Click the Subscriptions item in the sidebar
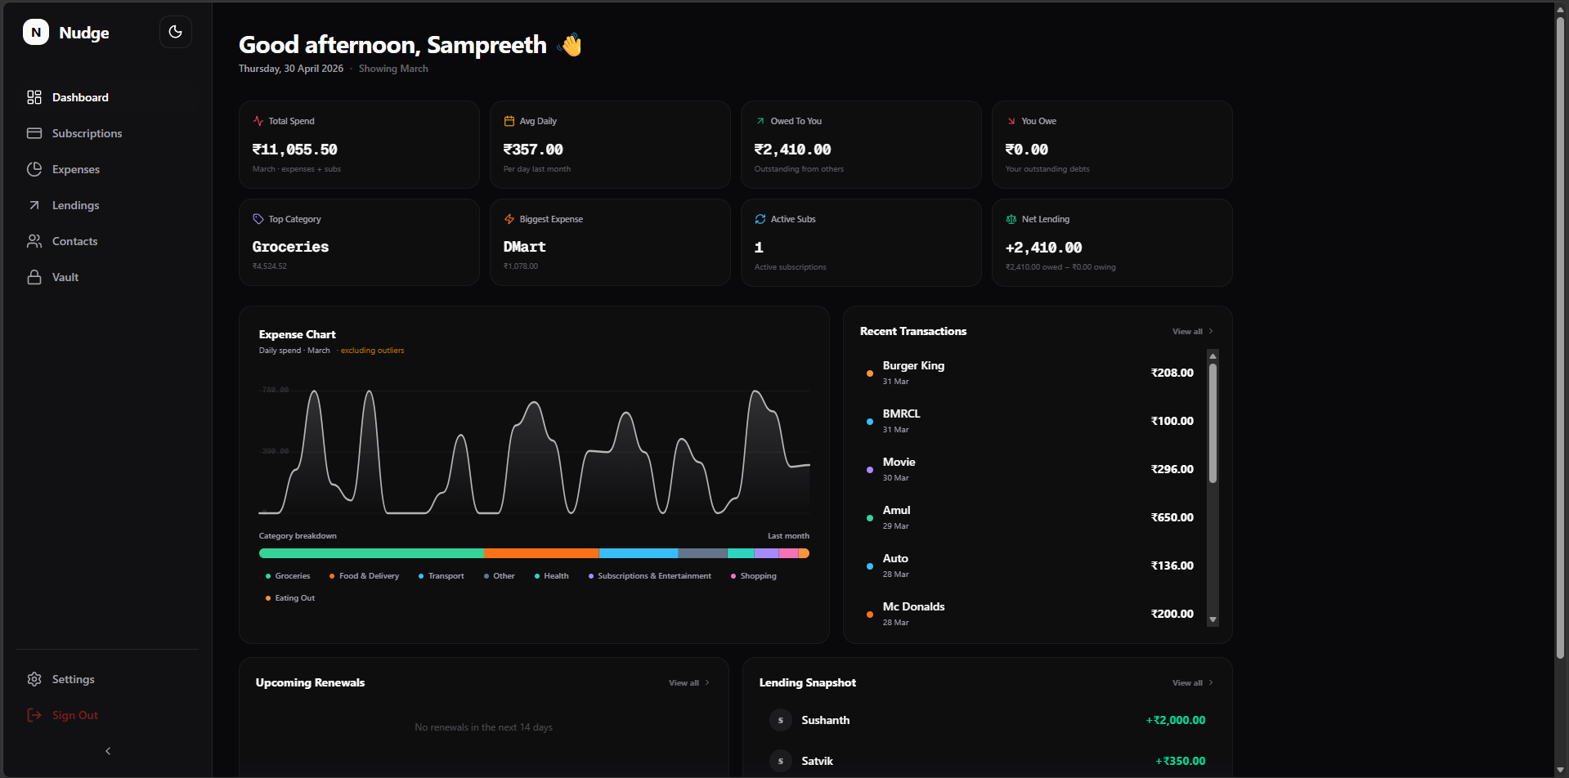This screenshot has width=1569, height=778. coord(87,133)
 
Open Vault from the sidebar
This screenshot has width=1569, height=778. coord(65,277)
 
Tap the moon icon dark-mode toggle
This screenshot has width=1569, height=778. coord(175,32)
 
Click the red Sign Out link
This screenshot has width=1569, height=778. coord(74,715)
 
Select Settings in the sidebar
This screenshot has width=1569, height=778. coord(73,679)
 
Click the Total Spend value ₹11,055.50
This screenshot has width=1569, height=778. coord(294,150)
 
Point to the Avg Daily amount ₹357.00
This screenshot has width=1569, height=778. coord(533,150)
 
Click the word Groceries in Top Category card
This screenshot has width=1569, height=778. coord(290,247)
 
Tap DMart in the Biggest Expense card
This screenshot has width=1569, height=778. coord(524,247)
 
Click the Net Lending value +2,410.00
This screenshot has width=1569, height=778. coord(1043,248)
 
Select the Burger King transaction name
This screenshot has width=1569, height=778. coord(913,365)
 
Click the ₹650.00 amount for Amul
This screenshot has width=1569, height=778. coord(1172,517)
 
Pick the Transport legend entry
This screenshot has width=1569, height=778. coord(446,576)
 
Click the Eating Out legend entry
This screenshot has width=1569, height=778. coord(294,598)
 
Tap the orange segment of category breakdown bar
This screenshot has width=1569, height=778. coord(541,553)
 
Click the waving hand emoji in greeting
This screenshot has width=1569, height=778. coord(570,44)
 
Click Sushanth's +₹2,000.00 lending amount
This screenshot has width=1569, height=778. coord(1175,720)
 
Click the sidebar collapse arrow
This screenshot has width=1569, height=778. coord(108,751)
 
